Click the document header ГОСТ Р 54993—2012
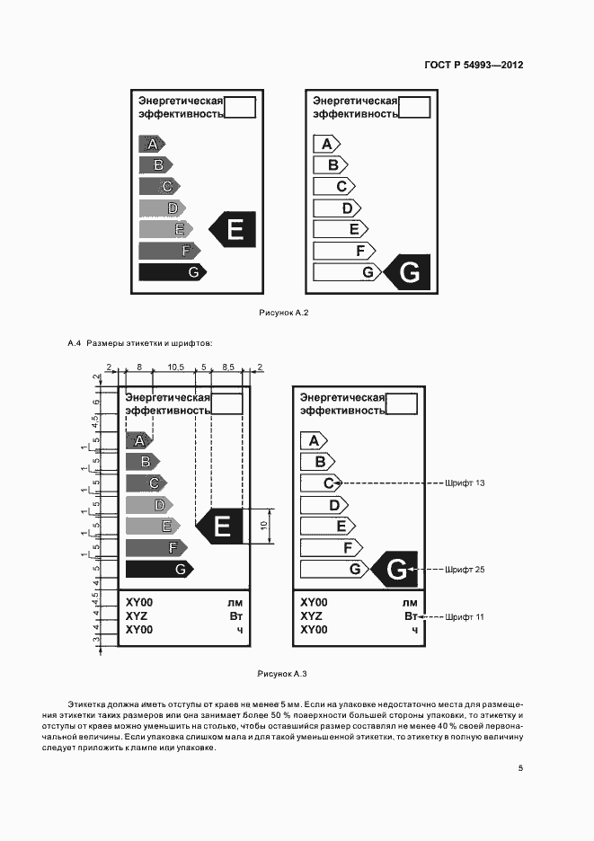(x=473, y=66)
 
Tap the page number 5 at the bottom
(x=520, y=768)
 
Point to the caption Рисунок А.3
(x=282, y=673)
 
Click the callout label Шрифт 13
(x=465, y=483)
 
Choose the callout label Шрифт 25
(x=465, y=570)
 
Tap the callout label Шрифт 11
(x=465, y=617)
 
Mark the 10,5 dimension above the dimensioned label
(x=175, y=367)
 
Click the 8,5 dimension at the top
(x=227, y=367)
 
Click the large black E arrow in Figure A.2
(x=234, y=229)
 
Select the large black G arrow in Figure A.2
(x=407, y=272)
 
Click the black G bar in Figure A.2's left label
(x=172, y=271)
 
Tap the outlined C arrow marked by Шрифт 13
(x=321, y=483)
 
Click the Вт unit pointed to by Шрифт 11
(x=411, y=616)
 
